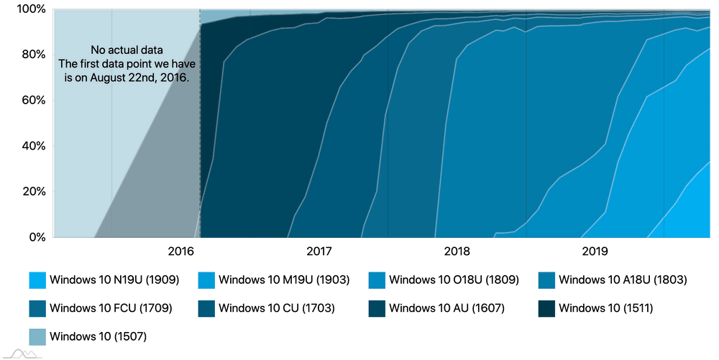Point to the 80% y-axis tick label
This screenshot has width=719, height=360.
pyautogui.click(x=32, y=55)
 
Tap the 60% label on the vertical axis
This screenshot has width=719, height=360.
pyautogui.click(x=32, y=100)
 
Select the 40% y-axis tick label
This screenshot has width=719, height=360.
pyautogui.click(x=32, y=146)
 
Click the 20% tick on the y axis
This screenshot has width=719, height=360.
pyautogui.click(x=32, y=191)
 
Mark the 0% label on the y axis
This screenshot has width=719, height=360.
pyautogui.click(x=36, y=237)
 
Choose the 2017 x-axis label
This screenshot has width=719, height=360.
pyautogui.click(x=319, y=251)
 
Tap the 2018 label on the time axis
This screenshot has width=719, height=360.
pyautogui.click(x=457, y=251)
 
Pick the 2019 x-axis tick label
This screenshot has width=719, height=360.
pyautogui.click(x=595, y=251)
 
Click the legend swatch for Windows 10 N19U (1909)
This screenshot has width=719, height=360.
pyautogui.click(x=38, y=280)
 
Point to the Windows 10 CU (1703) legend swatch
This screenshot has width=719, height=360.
pyautogui.click(x=208, y=308)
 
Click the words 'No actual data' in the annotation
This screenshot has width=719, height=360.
pyautogui.click(x=127, y=50)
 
